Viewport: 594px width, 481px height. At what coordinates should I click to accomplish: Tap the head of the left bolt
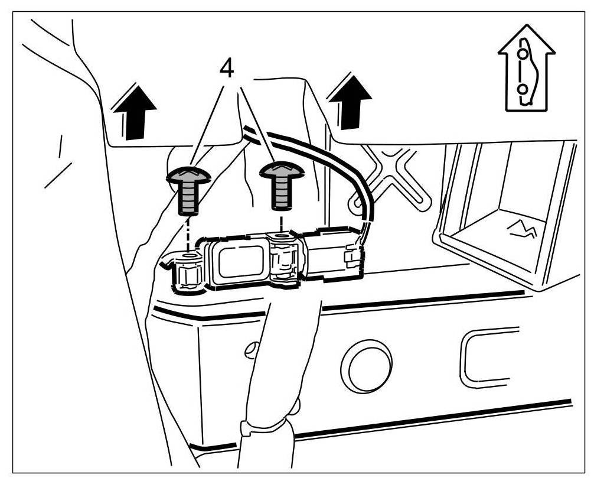click(x=188, y=175)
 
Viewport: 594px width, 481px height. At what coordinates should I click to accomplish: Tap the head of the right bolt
click(x=282, y=170)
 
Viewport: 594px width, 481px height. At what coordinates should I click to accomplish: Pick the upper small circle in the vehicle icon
click(x=522, y=54)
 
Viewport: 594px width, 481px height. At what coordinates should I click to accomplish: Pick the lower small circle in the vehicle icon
click(x=522, y=89)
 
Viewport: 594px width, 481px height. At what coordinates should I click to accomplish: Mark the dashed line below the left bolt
click(x=188, y=234)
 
